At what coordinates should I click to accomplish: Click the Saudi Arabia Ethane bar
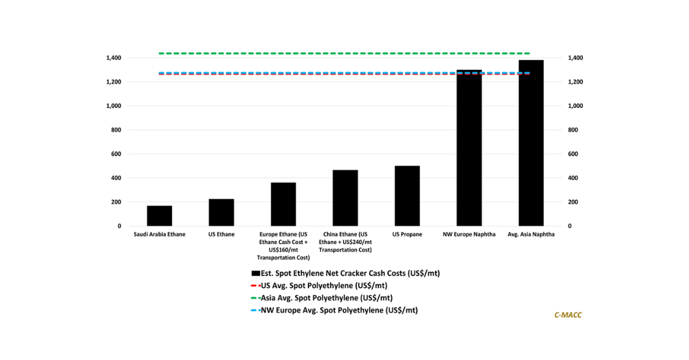click(x=160, y=216)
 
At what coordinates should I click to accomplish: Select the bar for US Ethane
click(x=222, y=212)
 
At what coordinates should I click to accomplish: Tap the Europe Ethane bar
click(x=283, y=204)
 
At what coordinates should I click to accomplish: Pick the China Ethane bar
click(x=345, y=198)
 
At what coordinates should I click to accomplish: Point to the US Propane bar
click(x=407, y=196)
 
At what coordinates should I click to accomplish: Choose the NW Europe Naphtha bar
click(x=469, y=148)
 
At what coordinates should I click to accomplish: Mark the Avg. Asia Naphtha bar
click(x=531, y=143)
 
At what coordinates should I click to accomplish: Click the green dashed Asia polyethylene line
click(x=344, y=53)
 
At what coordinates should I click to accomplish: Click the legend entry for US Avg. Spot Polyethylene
click(x=319, y=285)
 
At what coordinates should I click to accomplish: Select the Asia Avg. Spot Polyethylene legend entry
click(x=322, y=298)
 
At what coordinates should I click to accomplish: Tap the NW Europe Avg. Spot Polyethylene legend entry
click(x=334, y=310)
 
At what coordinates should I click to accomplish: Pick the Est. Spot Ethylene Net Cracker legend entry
click(x=346, y=273)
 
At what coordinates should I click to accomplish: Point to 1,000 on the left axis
click(x=114, y=106)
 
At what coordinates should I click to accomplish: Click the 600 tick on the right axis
click(x=573, y=154)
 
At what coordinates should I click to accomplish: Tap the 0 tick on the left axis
click(x=119, y=226)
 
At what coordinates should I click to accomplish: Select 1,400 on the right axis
click(x=575, y=58)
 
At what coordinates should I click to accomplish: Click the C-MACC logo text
click(x=568, y=315)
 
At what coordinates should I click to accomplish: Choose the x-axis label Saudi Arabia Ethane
click(x=160, y=234)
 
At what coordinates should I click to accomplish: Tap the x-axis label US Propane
click(x=407, y=234)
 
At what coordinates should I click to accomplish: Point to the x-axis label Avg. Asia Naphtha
click(x=531, y=234)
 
